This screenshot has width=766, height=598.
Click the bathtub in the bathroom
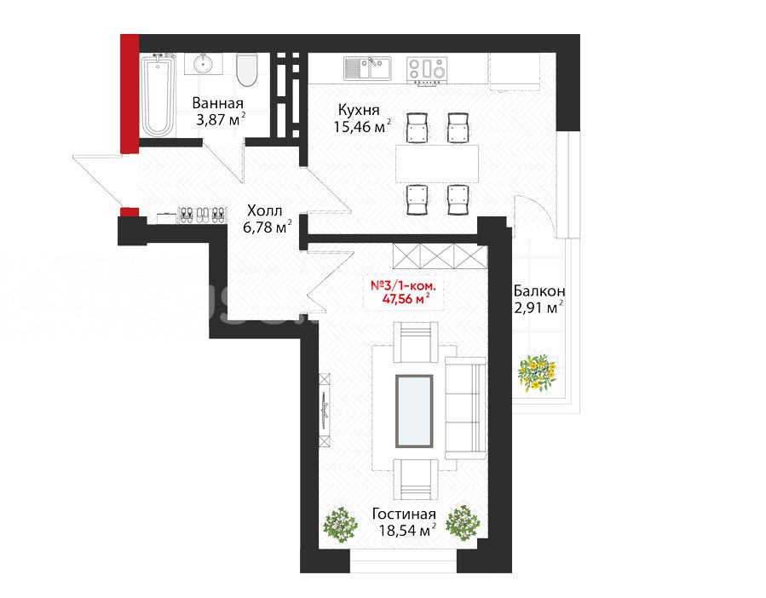click(158, 95)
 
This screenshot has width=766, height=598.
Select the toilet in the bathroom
click(247, 69)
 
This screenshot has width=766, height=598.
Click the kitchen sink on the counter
click(367, 68)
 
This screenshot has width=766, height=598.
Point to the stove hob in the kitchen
click(427, 68)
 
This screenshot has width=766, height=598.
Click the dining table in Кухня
click(437, 164)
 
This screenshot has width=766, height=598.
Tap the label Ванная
click(217, 104)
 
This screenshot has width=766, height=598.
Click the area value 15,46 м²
click(362, 126)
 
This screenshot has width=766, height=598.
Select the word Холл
click(264, 211)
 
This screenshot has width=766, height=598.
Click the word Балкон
click(539, 291)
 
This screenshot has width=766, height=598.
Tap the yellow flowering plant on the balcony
click(537, 371)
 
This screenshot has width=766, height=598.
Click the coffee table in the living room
click(414, 411)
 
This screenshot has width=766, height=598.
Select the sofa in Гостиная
click(465, 408)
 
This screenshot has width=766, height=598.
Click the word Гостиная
click(404, 514)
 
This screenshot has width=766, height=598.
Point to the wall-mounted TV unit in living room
click(325, 410)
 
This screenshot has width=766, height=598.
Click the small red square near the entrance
click(130, 212)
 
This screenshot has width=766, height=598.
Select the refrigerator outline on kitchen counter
click(514, 72)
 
